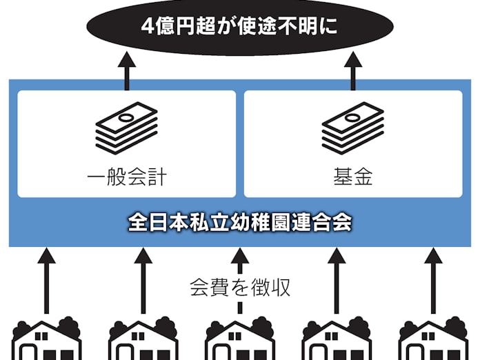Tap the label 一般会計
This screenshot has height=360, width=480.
(x=127, y=177)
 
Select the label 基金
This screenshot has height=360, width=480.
(x=352, y=177)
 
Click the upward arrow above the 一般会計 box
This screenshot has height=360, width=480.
(x=127, y=72)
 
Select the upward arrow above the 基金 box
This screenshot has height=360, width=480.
(x=352, y=72)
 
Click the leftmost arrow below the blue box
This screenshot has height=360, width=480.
(x=46, y=279)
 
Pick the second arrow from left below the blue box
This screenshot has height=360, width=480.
(x=143, y=279)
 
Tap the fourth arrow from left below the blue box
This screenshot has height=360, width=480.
(x=337, y=279)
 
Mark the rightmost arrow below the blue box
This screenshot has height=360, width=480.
(x=433, y=279)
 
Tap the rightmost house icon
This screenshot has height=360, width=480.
(x=433, y=339)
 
